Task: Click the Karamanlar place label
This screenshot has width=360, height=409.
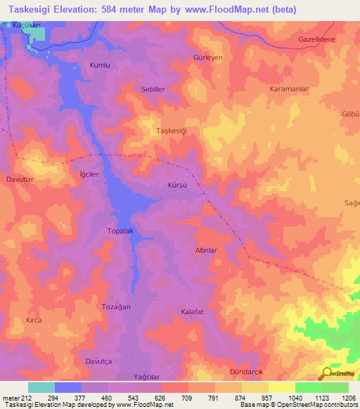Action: (x=290, y=90)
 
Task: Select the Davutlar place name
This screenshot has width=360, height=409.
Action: (x=20, y=178)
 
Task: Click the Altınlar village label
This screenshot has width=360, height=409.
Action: (x=209, y=250)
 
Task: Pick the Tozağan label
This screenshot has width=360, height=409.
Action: (x=98, y=308)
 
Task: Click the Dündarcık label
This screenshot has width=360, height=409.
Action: (x=246, y=370)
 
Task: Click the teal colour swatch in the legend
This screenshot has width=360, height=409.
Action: (x=41, y=387)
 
